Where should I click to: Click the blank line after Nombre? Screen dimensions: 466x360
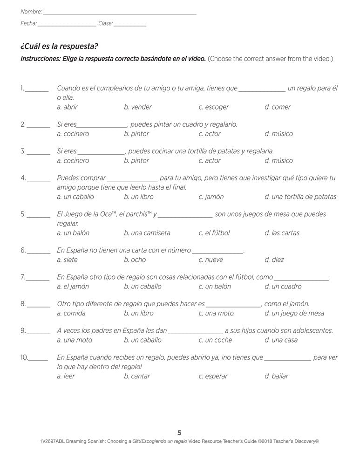tap(119, 14)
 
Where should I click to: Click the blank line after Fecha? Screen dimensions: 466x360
tap(67, 26)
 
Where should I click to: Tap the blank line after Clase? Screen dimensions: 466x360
tap(130, 26)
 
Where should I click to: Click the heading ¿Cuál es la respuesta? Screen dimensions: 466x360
tap(60, 47)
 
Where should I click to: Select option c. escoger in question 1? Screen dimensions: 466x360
tap(213, 107)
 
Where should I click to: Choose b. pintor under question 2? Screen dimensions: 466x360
tap(136, 134)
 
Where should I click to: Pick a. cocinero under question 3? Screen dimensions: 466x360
tap(73, 161)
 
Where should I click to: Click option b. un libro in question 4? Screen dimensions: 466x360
tap(139, 197)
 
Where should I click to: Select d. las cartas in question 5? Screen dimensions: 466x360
tap(282, 233)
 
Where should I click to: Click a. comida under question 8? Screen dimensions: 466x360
tap(71, 314)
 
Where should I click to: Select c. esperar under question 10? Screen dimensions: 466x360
tap(213, 377)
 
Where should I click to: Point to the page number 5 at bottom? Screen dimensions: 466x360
tap(179, 432)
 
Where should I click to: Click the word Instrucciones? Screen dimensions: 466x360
tap(40, 59)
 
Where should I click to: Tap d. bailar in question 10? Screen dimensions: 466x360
tap(276, 377)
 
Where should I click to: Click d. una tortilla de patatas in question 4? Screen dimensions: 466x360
tap(300, 197)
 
